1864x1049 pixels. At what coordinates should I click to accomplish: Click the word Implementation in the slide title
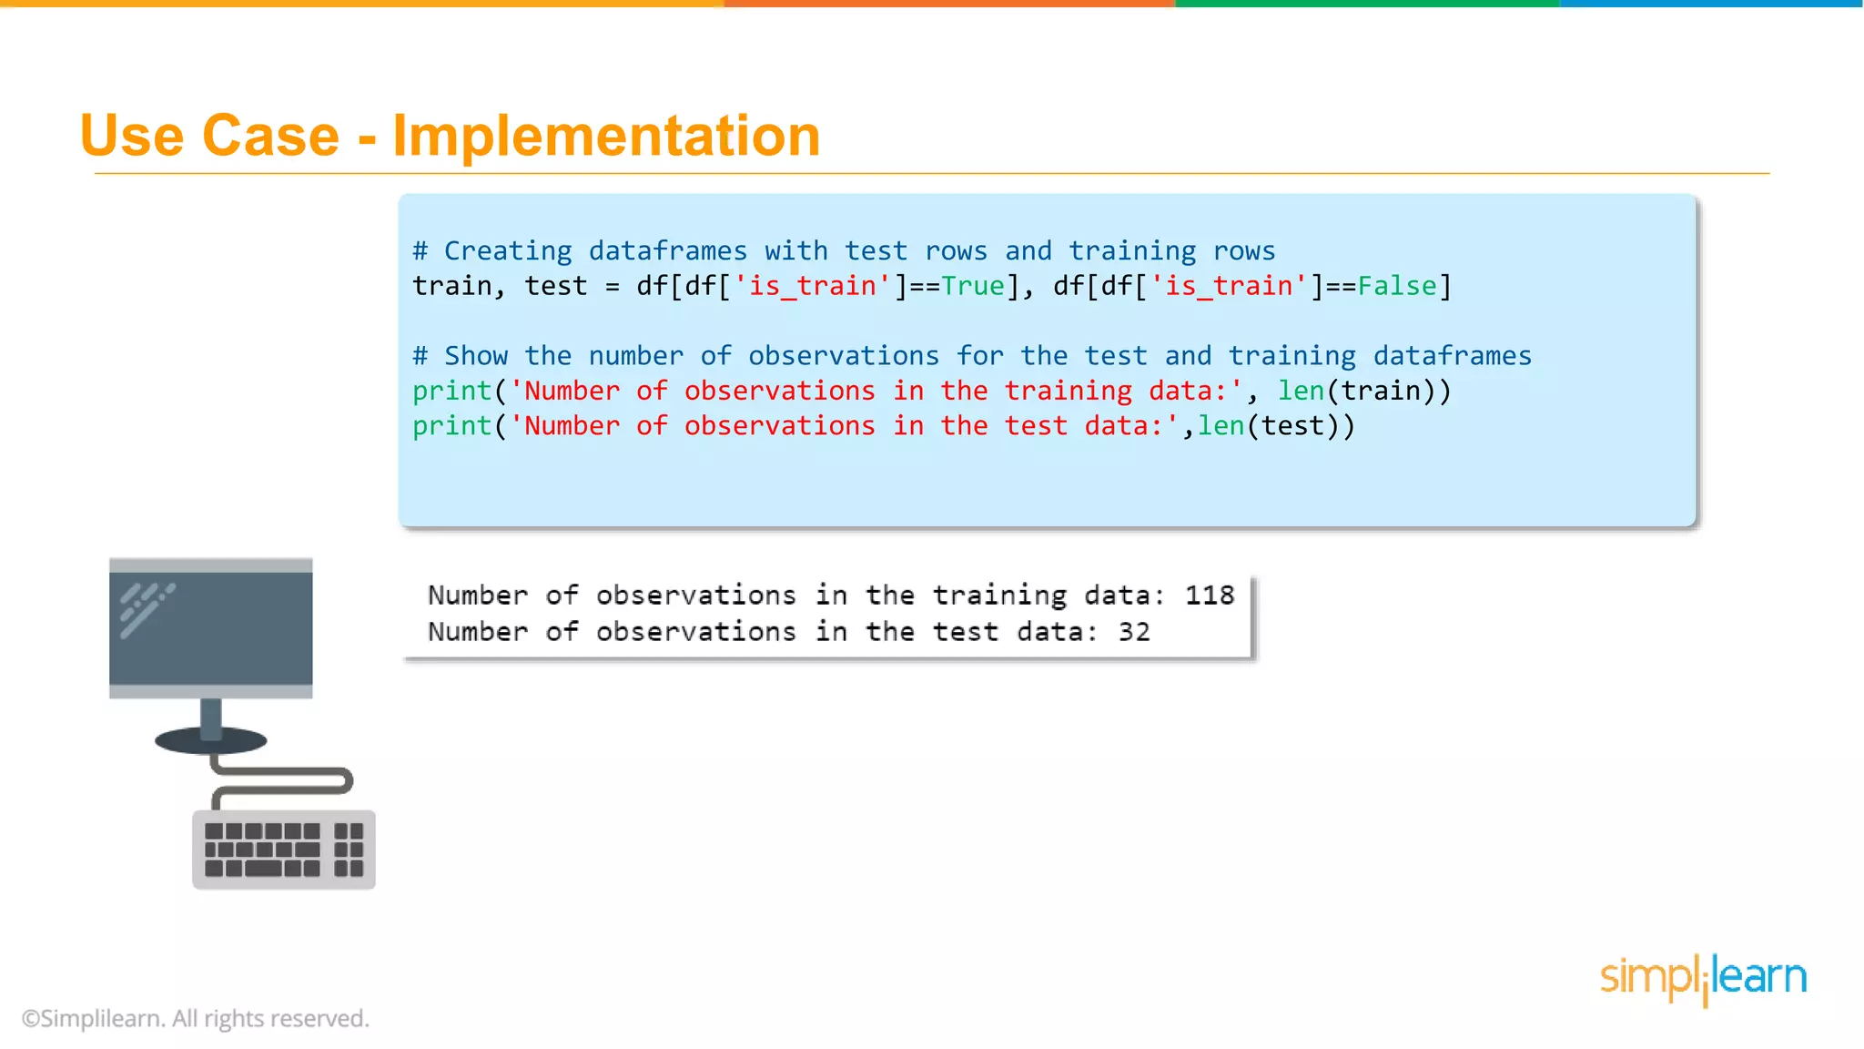tap(606, 136)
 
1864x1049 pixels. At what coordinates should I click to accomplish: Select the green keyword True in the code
tap(972, 286)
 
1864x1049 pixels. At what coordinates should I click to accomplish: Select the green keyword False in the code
tap(1397, 286)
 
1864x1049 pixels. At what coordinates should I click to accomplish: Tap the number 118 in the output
tap(1209, 596)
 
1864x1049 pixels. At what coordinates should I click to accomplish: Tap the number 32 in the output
tap(1134, 632)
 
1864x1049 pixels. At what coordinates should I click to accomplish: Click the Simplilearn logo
tap(1703, 978)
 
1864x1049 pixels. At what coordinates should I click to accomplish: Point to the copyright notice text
tap(196, 1018)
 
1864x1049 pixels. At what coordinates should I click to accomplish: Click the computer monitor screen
tap(210, 628)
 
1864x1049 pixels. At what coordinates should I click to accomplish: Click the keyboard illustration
tap(283, 850)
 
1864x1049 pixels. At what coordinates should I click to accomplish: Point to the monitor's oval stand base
tap(210, 740)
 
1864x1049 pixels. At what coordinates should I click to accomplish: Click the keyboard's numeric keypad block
tap(349, 850)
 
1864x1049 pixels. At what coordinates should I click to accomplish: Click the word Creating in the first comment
tap(508, 251)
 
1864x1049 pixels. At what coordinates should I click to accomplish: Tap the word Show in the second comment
tap(475, 356)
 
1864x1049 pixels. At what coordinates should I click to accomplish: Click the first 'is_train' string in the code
tap(812, 286)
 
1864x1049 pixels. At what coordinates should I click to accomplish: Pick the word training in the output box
tap(999, 596)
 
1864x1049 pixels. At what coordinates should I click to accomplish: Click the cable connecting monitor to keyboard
tap(282, 781)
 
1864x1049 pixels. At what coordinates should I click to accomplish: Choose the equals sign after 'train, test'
tap(612, 287)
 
